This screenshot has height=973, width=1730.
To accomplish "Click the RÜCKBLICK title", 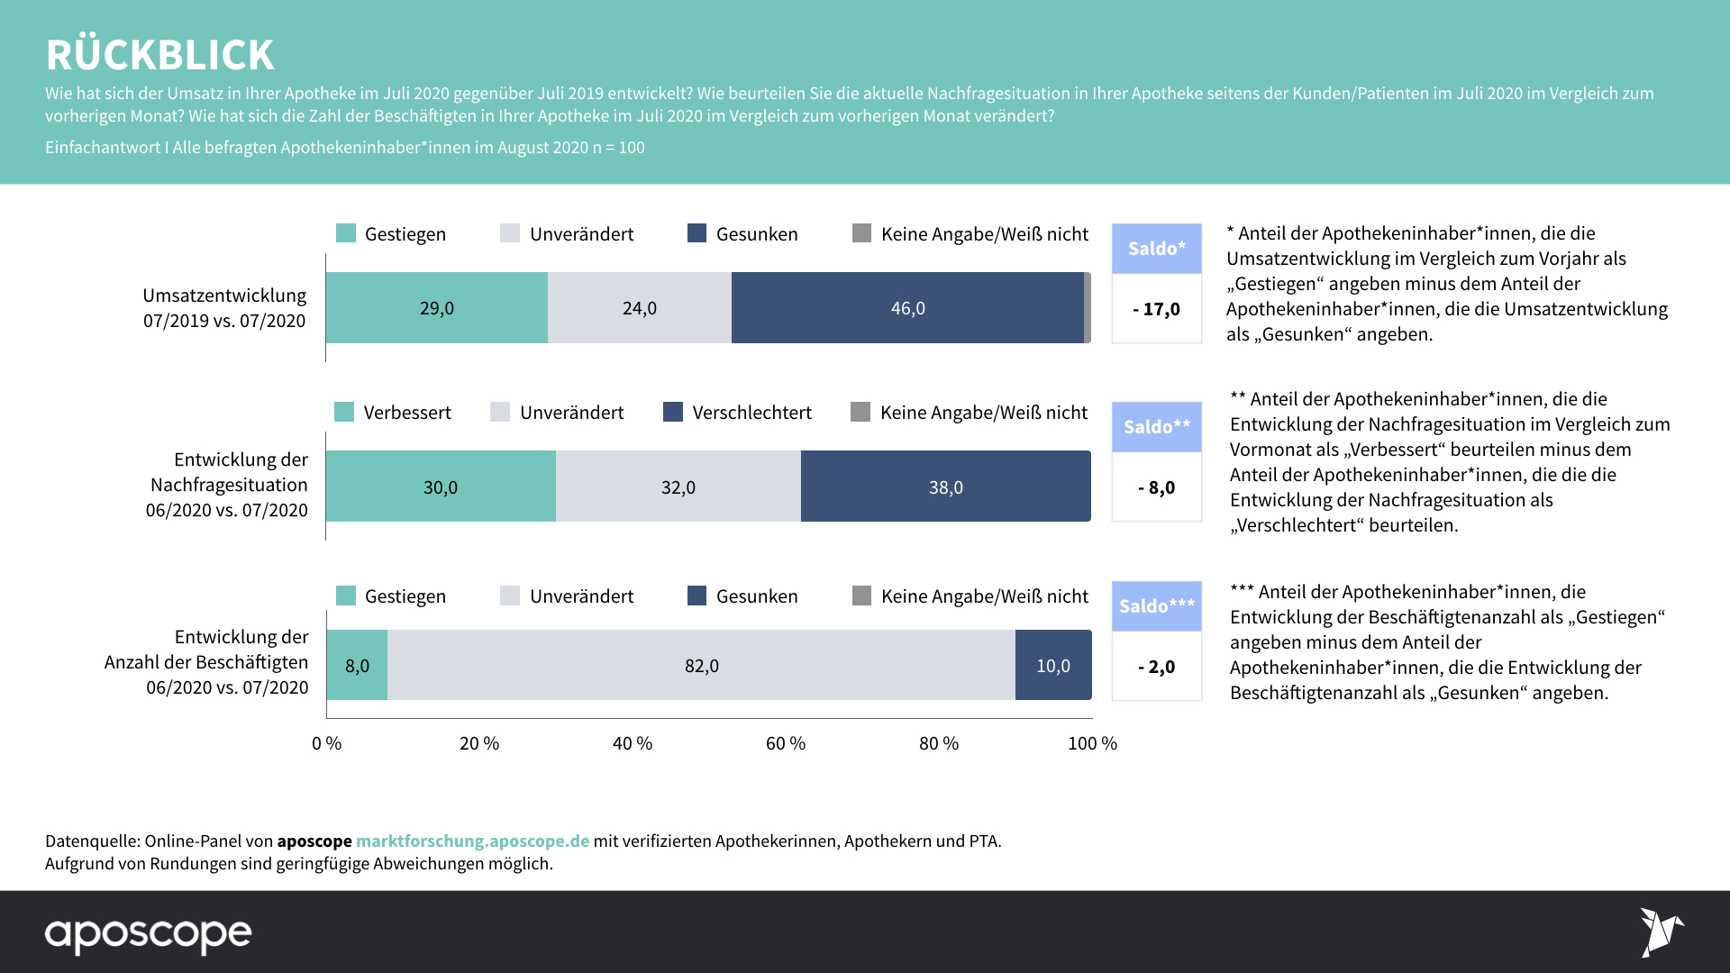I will tap(159, 55).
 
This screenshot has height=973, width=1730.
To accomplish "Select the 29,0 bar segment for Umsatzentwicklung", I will tap(437, 308).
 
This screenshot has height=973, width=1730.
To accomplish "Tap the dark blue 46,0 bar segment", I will tap(907, 308).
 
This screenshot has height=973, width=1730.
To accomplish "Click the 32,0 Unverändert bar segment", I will tap(678, 486).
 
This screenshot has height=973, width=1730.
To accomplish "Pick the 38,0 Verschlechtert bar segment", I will tap(945, 486).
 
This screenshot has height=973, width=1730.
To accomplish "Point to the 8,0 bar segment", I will tap(357, 665).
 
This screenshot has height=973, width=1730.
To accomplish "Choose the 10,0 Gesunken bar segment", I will tap(1052, 665).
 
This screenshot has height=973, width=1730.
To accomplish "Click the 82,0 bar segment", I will tap(701, 665).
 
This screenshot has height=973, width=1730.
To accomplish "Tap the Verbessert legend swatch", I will tap(344, 412).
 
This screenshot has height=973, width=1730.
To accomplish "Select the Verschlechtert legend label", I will tap(751, 413).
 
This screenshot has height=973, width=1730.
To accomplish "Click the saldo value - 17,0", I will tap(1157, 309).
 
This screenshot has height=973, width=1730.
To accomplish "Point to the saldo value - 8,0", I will tap(1157, 487).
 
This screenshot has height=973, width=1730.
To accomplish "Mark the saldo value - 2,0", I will tap(1157, 667).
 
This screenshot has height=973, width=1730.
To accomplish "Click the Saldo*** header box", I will tap(1157, 606).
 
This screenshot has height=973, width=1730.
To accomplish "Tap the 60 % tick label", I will tap(786, 743).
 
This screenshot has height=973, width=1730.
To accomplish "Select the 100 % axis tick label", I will tap(1092, 743).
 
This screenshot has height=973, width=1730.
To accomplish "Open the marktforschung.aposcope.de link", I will tap(472, 841).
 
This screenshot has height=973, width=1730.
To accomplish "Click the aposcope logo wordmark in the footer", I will tap(149, 934).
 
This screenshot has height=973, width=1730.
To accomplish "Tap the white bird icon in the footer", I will tap(1661, 932).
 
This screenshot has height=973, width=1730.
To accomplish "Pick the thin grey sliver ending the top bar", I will tap(1088, 308).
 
